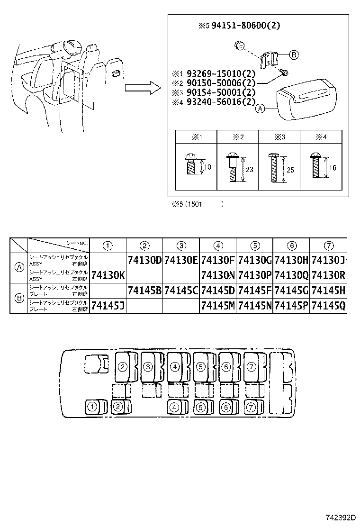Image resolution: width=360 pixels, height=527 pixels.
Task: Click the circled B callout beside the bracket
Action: click(x=294, y=55)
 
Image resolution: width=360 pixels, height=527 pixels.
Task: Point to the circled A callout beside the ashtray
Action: click(x=260, y=109)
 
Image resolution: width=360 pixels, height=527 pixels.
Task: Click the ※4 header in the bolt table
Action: click(x=321, y=137)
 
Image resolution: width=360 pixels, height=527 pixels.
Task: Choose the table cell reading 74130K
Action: click(x=108, y=275)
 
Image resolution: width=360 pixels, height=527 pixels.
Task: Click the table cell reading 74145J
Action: click(x=108, y=306)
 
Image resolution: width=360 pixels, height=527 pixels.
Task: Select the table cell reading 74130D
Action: click(x=144, y=260)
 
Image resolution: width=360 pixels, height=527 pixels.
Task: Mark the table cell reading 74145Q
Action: click(x=328, y=306)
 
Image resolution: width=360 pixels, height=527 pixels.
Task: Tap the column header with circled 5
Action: click(x=255, y=245)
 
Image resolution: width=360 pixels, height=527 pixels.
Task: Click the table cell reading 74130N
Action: click(x=218, y=275)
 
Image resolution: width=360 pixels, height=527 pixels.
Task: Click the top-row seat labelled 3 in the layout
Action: click(x=148, y=366)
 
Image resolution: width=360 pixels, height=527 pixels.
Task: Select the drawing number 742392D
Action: click(x=340, y=518)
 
